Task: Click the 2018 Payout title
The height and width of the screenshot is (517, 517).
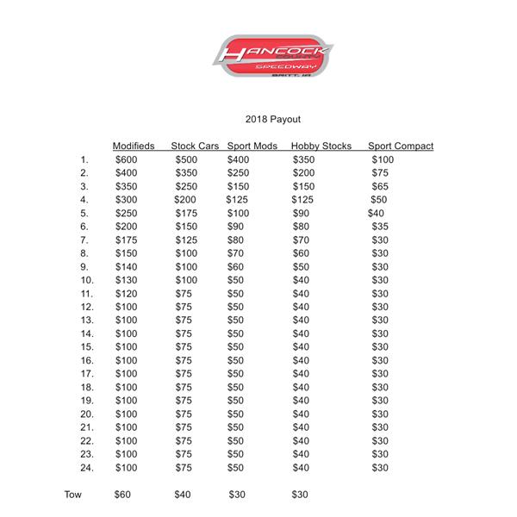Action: [x=273, y=119]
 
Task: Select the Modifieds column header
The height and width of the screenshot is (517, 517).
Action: [x=134, y=146]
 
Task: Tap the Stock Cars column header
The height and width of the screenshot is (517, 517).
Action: [x=196, y=146]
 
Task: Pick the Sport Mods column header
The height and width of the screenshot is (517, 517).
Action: [x=252, y=146]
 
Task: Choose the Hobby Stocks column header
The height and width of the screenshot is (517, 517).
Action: [x=321, y=146]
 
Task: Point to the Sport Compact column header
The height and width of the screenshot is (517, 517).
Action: [x=401, y=146]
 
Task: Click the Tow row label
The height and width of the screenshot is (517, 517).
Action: [x=73, y=495]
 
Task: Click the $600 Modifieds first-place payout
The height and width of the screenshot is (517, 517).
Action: [x=126, y=159]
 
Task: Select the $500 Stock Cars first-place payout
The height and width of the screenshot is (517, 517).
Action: [x=186, y=159]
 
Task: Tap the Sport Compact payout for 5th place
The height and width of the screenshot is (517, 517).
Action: [x=376, y=213]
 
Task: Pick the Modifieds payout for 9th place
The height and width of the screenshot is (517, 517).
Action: [x=126, y=266]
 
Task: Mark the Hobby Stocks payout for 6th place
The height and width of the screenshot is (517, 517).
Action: [x=301, y=227]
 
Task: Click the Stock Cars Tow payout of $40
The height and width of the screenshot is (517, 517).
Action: [x=184, y=495]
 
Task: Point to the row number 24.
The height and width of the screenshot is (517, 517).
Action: [x=86, y=468]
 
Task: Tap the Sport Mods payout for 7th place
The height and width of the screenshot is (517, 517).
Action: [x=235, y=240]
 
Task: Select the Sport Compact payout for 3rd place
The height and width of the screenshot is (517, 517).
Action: [x=380, y=186]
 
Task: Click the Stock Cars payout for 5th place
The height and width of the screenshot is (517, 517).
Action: [x=186, y=213]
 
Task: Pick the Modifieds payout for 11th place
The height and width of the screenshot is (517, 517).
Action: [x=126, y=293]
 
